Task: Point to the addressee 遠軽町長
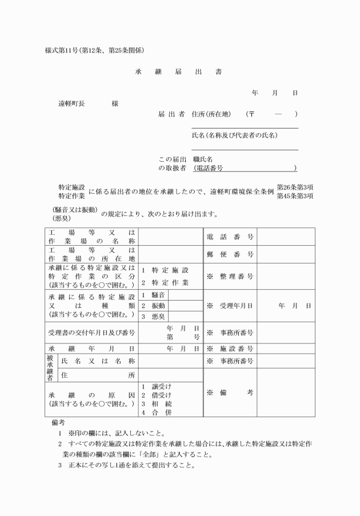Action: click(71, 104)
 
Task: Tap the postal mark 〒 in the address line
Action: click(251, 114)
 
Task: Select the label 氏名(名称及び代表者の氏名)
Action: click(234, 135)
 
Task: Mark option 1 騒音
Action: click(154, 295)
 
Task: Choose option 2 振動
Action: click(154, 306)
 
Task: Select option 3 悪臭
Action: click(154, 316)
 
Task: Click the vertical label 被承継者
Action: click(50, 368)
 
